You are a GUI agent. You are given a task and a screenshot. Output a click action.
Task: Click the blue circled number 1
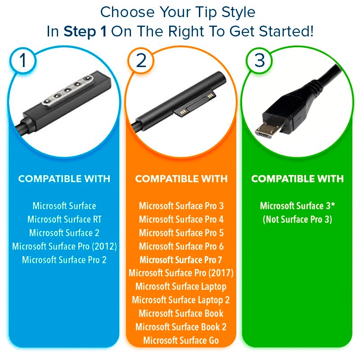[23, 61]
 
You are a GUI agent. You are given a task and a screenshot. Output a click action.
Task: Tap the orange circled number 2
[141, 61]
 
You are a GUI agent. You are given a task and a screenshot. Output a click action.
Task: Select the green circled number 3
[260, 61]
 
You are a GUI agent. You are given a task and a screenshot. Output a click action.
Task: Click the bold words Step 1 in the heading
[85, 31]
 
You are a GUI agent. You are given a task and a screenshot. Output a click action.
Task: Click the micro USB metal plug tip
[266, 130]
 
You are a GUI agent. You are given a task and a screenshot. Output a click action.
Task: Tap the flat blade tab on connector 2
[195, 103]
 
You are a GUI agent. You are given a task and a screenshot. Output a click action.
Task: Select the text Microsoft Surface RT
[64, 219]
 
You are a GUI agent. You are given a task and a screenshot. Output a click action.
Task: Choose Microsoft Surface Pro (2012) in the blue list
[64, 246]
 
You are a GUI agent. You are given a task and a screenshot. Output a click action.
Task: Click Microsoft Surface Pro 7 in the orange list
[181, 260]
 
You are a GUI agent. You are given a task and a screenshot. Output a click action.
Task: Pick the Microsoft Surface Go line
[181, 340]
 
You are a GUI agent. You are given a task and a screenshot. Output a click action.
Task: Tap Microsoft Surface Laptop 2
[181, 300]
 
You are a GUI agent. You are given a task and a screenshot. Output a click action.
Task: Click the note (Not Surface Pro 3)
[297, 220]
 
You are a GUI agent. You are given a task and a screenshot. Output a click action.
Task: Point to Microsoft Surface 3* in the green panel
[297, 206]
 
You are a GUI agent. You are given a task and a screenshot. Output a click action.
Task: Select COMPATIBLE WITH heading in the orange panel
[181, 179]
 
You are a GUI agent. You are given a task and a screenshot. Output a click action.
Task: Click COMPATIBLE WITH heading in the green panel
[297, 179]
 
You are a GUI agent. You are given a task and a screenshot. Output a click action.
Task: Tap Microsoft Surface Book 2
[181, 327]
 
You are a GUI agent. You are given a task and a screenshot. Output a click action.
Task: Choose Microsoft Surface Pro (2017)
[181, 273]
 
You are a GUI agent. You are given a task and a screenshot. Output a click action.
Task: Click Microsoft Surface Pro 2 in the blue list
[64, 260]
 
